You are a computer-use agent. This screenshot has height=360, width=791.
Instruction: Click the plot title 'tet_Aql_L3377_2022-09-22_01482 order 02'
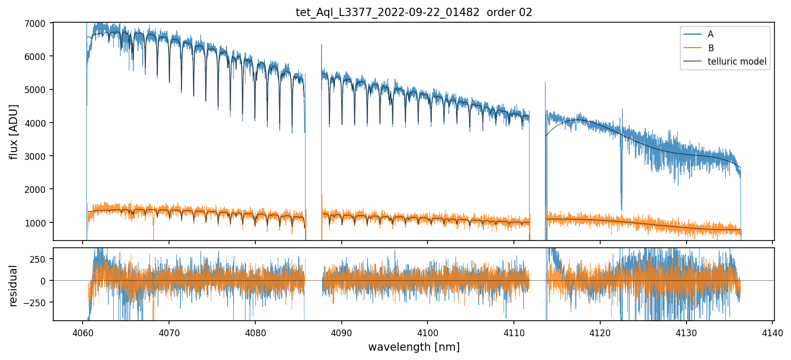[414, 12]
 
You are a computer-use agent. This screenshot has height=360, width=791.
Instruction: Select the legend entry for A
[710, 34]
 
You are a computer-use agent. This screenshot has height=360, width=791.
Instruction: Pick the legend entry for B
[711, 48]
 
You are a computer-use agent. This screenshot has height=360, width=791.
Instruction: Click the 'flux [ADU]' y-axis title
[13, 131]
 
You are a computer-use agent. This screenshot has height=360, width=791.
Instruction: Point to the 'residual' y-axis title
[13, 285]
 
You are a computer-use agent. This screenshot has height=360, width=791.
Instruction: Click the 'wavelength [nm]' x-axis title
[414, 347]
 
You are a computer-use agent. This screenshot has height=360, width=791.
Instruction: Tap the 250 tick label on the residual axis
[40, 259]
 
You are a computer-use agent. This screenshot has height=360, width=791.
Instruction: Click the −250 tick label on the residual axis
[37, 303]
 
